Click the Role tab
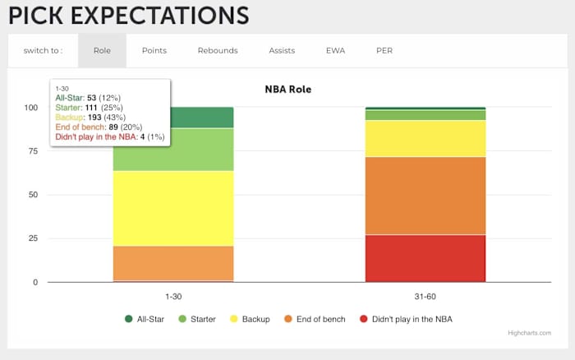click(102, 51)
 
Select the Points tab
click(154, 51)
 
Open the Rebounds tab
click(218, 51)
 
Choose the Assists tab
click(282, 51)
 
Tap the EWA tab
click(334, 51)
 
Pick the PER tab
click(384, 51)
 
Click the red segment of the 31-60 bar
click(425, 258)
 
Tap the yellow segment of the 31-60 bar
click(425, 138)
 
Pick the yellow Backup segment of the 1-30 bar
click(173, 208)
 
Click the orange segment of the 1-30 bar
click(173, 263)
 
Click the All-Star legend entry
click(150, 319)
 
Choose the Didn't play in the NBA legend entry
click(406, 319)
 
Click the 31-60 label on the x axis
click(425, 294)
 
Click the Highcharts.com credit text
click(529, 333)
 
